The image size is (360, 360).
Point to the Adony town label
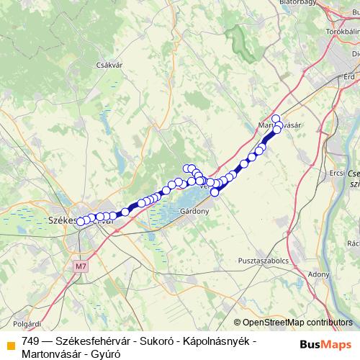click(x=318, y=274)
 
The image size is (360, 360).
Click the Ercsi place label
click(x=336, y=174)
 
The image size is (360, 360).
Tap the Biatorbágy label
click(x=297, y=4)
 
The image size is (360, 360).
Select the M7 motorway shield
click(x=79, y=266)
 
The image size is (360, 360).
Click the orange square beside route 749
click(x=10, y=341)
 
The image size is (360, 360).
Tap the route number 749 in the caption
click(x=31, y=341)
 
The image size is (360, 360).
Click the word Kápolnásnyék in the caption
click(x=220, y=341)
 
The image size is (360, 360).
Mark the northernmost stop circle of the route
click(x=275, y=118)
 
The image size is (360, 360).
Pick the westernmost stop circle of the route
click(x=80, y=221)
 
